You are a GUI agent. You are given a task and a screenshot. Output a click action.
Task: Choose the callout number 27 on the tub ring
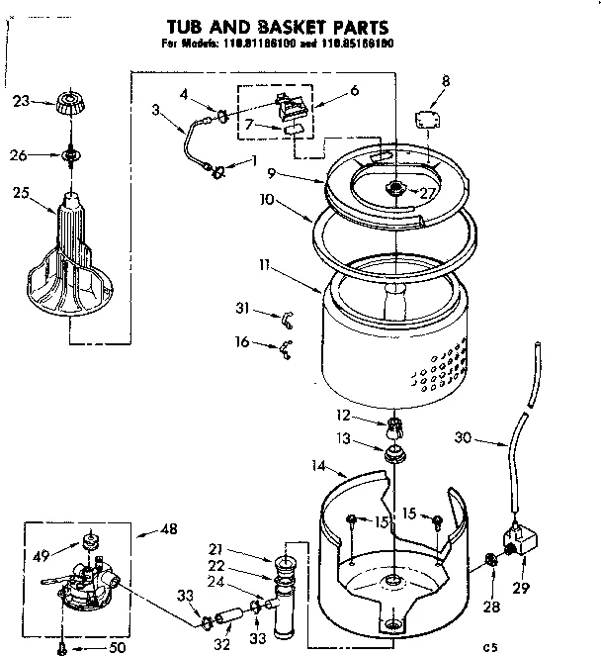(x=427, y=193)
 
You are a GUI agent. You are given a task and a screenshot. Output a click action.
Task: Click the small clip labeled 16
(x=284, y=345)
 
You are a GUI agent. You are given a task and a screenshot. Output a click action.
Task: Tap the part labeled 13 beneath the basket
(x=396, y=453)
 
